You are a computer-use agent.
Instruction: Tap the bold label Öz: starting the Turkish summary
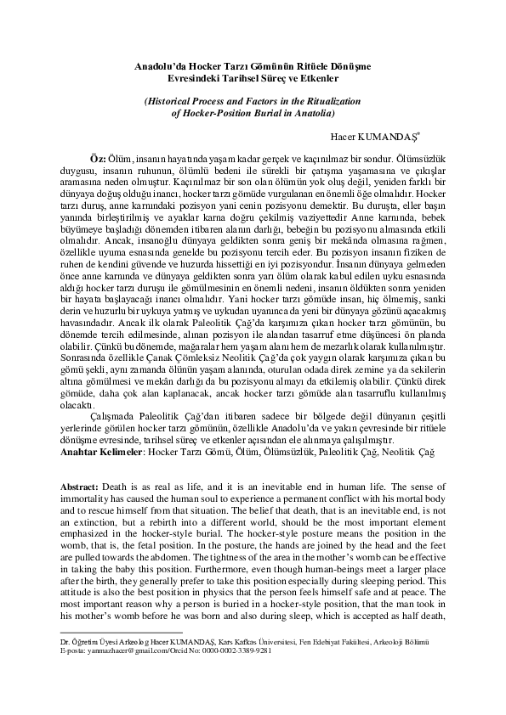coord(98,160)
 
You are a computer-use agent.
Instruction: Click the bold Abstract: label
coord(79,482)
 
